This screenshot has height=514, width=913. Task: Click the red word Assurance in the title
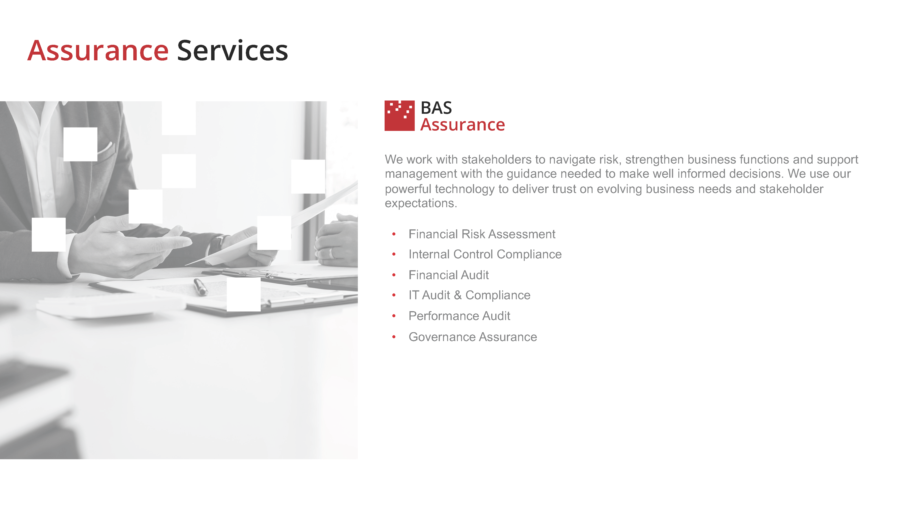click(98, 51)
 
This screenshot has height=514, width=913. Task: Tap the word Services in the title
click(233, 51)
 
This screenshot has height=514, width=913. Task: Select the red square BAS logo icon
click(399, 116)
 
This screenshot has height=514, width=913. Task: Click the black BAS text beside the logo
click(436, 108)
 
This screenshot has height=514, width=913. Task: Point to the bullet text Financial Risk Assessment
click(482, 234)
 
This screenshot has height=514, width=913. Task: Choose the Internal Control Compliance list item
click(485, 254)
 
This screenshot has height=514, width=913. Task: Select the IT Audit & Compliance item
click(469, 295)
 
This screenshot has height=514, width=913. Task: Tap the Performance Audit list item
click(459, 316)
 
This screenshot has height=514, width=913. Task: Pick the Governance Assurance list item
click(472, 337)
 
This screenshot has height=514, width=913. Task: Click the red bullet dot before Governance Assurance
click(394, 337)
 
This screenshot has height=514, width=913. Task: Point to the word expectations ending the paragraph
click(421, 203)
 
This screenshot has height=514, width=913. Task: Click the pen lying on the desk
click(200, 287)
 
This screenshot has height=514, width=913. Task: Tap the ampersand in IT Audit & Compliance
click(458, 295)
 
